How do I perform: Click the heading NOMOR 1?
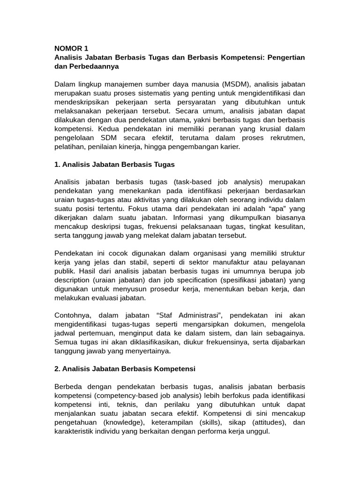(x=71, y=48)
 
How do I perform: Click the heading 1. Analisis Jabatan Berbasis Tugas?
(x=114, y=164)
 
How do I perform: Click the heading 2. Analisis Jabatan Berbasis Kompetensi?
(x=125, y=369)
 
